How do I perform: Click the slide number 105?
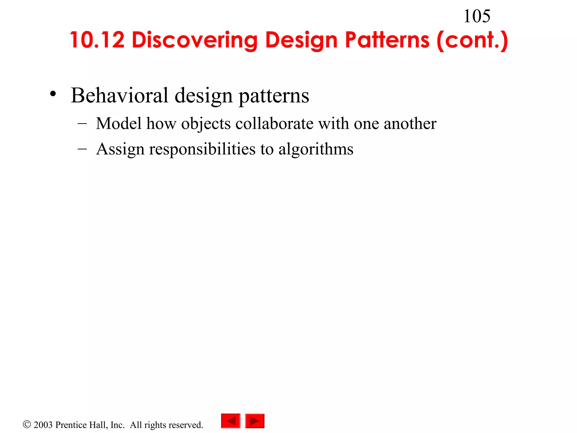pos(477,16)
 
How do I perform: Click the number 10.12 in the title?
pos(97,40)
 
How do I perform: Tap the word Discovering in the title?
pos(194,40)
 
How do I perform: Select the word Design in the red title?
pos(301,40)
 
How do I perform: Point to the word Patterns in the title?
pos(387,40)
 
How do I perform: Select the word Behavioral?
pos(120,95)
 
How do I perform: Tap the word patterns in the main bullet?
pos(274,96)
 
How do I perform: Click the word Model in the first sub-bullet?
pos(119,123)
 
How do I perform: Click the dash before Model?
pos(82,123)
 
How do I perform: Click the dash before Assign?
pos(82,149)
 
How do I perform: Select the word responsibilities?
pos(202,149)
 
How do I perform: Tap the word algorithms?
pos(316,149)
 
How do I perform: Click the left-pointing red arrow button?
pos(231,421)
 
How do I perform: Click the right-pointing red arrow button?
pos(255,421)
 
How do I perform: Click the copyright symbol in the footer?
pos(27,424)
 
